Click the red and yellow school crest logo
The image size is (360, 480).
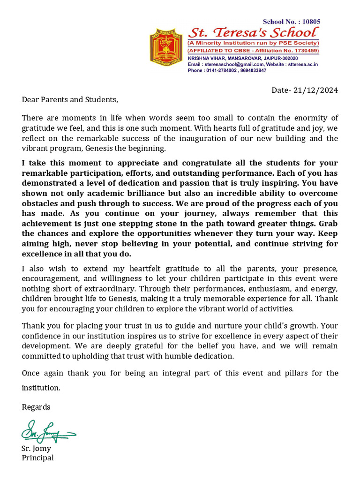(x=166, y=46)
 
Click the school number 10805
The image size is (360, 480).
(x=311, y=22)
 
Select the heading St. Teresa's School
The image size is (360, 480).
(x=253, y=33)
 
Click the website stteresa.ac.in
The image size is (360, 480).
(x=303, y=64)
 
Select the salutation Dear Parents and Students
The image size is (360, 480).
(x=70, y=99)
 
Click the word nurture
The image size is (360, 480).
(x=211, y=326)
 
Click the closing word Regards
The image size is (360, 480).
(x=36, y=407)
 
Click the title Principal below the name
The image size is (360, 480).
(x=37, y=457)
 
